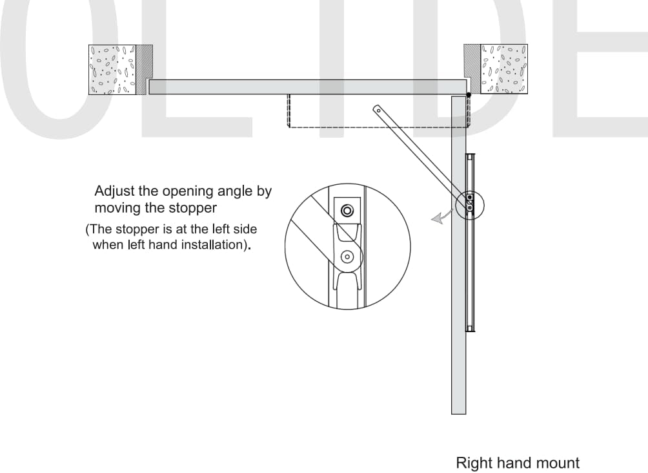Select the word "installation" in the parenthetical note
(x=212, y=245)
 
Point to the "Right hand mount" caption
(x=518, y=463)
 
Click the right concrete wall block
(x=505, y=68)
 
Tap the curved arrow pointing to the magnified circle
(x=441, y=219)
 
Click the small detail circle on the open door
(x=470, y=203)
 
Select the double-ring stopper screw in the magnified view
(x=347, y=211)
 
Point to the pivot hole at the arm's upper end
(x=377, y=110)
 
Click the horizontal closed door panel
(x=307, y=87)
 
